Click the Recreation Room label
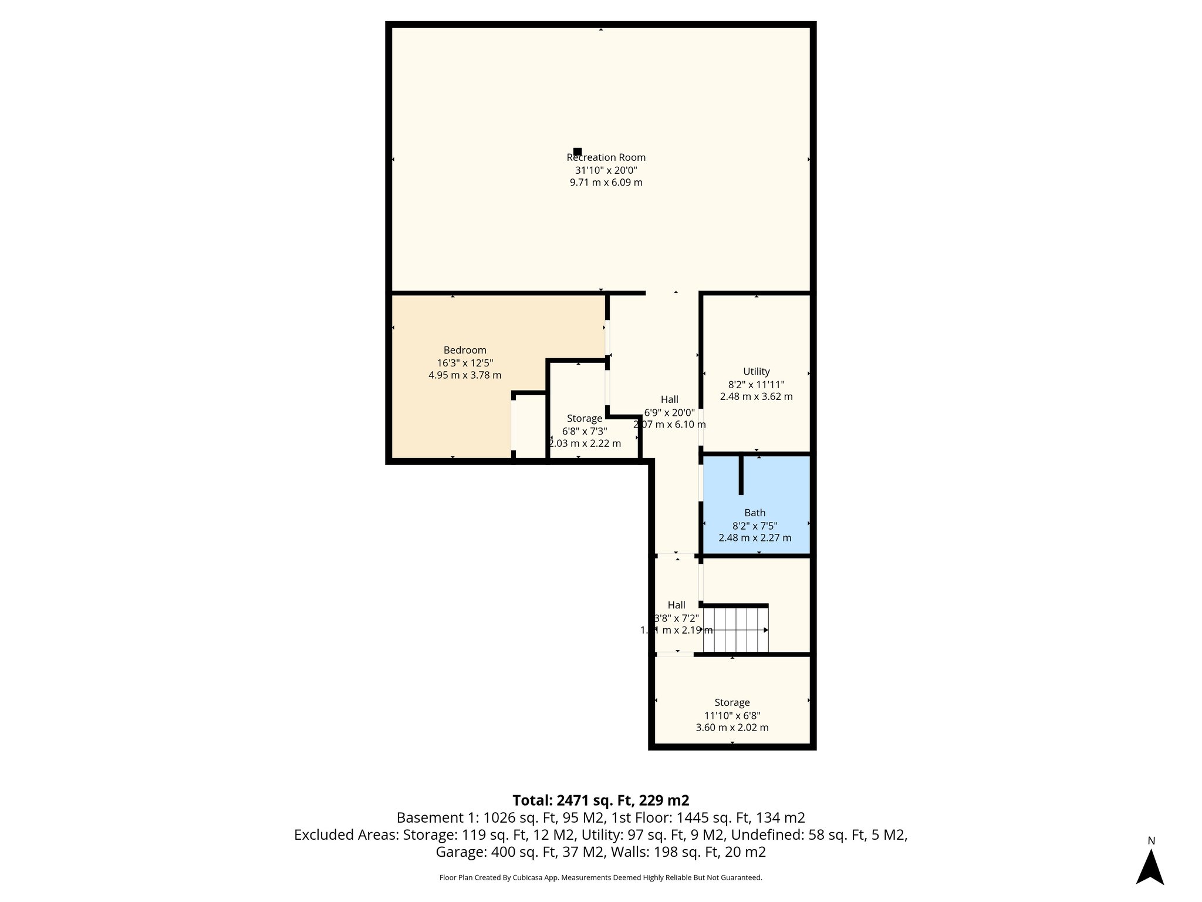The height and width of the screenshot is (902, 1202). click(x=606, y=157)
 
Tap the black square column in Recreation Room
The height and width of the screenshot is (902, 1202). click(x=578, y=152)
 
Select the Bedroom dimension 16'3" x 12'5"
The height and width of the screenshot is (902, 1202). click(x=465, y=363)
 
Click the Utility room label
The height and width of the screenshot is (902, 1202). click(x=756, y=371)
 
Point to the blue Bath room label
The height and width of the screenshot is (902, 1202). click(x=755, y=513)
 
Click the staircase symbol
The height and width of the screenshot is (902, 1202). click(x=736, y=630)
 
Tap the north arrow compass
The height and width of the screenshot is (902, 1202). click(x=1150, y=867)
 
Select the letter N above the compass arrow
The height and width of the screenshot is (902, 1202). click(x=1151, y=841)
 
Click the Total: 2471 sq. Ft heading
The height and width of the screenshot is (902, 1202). click(x=600, y=800)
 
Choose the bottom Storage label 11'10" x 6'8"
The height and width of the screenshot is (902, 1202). click(x=732, y=715)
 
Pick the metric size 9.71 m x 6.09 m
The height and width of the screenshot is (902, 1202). click(x=606, y=183)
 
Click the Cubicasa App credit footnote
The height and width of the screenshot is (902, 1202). click(x=600, y=877)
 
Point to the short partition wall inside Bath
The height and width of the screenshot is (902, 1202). click(x=741, y=474)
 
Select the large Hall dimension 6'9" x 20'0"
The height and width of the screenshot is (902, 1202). click(x=670, y=412)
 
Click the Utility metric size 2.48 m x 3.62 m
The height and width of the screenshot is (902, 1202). click(x=756, y=396)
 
